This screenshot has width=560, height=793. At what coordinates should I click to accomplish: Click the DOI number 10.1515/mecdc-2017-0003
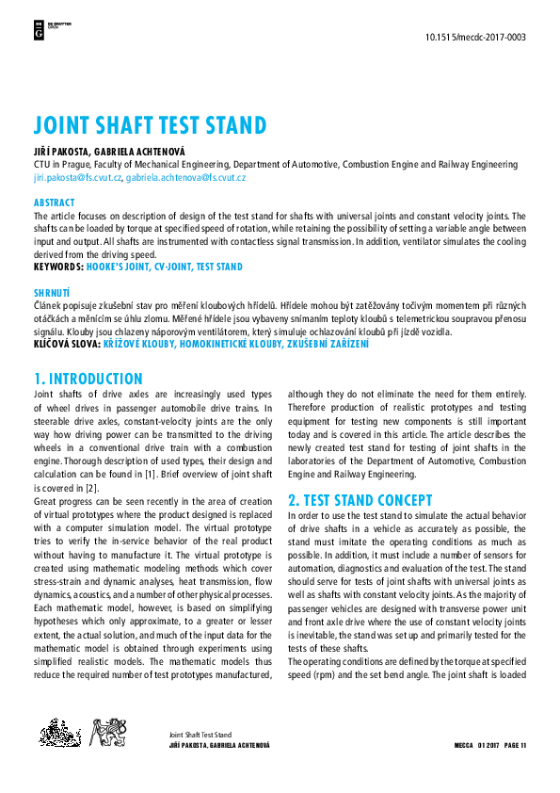tap(476, 38)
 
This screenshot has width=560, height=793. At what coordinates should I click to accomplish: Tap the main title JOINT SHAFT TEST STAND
tap(150, 125)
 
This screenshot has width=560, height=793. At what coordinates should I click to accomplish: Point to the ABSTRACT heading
tap(54, 202)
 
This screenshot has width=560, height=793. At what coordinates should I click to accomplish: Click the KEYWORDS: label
tap(57, 267)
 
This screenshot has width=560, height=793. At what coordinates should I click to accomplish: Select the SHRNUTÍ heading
tap(53, 293)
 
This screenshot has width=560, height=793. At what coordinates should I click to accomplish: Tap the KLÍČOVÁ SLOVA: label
tap(67, 345)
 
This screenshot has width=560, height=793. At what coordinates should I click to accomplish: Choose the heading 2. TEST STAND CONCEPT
tap(360, 500)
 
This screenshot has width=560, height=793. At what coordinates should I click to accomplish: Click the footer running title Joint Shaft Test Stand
tap(200, 734)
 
